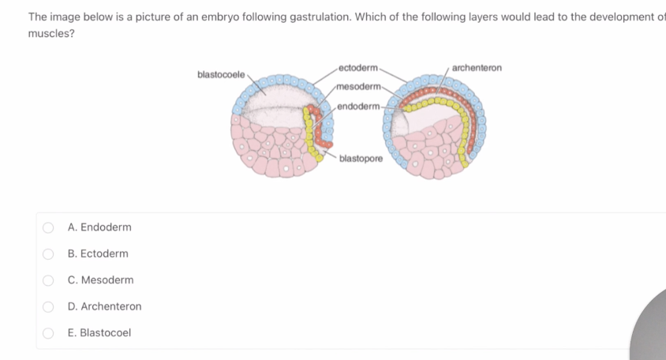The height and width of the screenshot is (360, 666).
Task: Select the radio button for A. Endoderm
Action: click(48, 227)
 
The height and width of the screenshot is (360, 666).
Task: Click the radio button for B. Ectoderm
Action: click(48, 254)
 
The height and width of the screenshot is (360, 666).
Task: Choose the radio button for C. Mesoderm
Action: click(48, 280)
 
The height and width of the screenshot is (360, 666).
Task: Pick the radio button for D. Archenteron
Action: click(48, 306)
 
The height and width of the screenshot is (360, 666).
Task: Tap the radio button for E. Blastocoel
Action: click(48, 333)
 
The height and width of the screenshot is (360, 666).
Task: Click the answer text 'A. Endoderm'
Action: click(99, 227)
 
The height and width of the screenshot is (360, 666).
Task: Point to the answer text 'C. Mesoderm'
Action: click(100, 280)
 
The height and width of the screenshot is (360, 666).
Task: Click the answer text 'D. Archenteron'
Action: click(104, 306)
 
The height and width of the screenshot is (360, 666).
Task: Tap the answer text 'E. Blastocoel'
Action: click(99, 333)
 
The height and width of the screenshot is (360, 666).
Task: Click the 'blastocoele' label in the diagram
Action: click(220, 74)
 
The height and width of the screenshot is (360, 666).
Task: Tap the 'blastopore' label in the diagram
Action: click(361, 159)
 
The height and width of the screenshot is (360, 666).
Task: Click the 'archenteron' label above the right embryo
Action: click(477, 69)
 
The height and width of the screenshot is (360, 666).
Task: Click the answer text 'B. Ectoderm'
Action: click(98, 254)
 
